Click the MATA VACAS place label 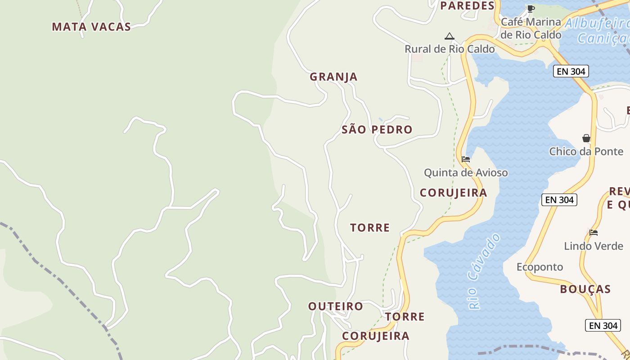[91, 27]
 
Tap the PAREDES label [467, 6]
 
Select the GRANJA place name [333, 76]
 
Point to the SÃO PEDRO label [377, 130]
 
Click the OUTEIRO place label [336, 306]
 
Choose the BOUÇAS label [585, 289]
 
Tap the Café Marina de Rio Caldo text [531, 28]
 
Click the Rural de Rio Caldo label [450, 49]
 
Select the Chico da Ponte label [586, 151]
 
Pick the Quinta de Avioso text [466, 172]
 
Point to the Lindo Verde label [594, 246]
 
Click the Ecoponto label [540, 267]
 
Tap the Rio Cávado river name [484, 271]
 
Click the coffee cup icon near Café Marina [531, 9]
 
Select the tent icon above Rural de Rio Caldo [449, 36]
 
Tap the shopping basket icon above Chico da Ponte [586, 138]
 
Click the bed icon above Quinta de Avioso [466, 159]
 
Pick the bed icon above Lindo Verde [594, 233]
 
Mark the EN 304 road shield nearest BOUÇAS [603, 325]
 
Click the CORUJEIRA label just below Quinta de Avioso [453, 193]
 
